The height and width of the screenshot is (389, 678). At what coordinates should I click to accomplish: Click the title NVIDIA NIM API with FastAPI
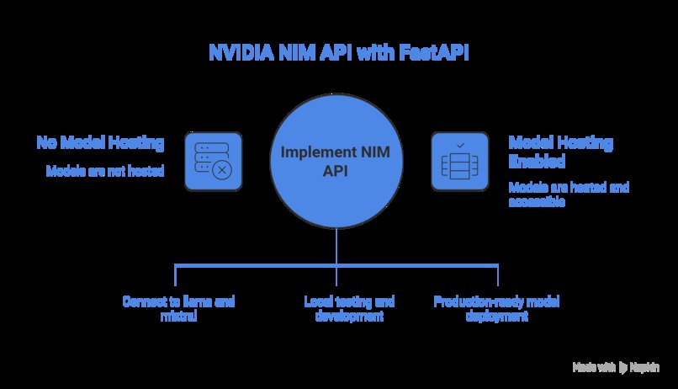pyautogui.click(x=338, y=52)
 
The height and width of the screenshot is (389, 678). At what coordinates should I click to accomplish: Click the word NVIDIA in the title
pyautogui.click(x=241, y=52)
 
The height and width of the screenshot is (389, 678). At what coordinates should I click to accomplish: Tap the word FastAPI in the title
pyautogui.click(x=434, y=52)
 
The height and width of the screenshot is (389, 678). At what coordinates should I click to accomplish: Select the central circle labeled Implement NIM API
pyautogui.click(x=336, y=161)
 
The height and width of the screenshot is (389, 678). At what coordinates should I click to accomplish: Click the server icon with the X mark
pyautogui.click(x=214, y=162)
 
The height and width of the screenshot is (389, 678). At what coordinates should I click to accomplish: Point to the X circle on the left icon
pyautogui.click(x=222, y=170)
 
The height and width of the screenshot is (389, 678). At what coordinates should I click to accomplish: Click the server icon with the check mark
pyautogui.click(x=460, y=162)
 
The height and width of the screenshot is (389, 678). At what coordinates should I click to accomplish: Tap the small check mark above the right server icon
pyautogui.click(x=460, y=146)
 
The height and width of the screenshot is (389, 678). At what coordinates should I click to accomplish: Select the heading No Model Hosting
pyautogui.click(x=100, y=142)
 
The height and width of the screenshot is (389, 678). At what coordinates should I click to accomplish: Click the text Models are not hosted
pyautogui.click(x=105, y=171)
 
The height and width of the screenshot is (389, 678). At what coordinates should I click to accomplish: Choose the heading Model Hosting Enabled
pyautogui.click(x=561, y=152)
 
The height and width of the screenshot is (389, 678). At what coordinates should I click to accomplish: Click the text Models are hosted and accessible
pyautogui.click(x=569, y=194)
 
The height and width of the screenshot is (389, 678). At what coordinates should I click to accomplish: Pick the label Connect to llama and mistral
pyautogui.click(x=178, y=308)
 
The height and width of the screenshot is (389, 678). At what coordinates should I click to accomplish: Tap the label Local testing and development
pyautogui.click(x=349, y=308)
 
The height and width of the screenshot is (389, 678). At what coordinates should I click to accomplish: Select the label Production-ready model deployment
pyautogui.click(x=497, y=308)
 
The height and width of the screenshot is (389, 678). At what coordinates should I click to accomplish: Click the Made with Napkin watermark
pyautogui.click(x=616, y=367)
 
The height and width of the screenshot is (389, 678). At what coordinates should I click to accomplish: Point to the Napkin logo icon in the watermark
pyautogui.click(x=622, y=368)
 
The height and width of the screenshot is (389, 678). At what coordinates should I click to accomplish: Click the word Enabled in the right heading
pyautogui.click(x=537, y=161)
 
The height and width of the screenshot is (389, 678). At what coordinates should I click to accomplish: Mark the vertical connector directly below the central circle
pyautogui.click(x=336, y=246)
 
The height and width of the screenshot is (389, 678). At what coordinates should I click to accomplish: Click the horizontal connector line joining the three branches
pyautogui.click(x=336, y=265)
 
